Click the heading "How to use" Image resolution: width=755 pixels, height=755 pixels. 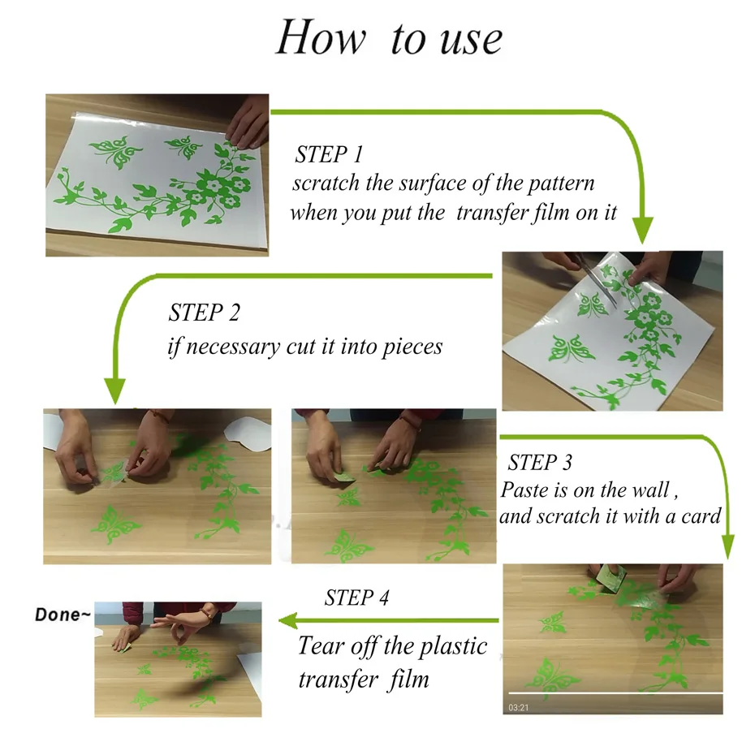(x=389, y=37)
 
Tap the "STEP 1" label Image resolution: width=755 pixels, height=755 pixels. (x=329, y=154)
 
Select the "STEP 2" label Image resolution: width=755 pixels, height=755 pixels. (x=204, y=313)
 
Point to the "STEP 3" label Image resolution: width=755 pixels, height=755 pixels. (x=540, y=462)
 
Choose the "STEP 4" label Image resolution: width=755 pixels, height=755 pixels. (x=356, y=598)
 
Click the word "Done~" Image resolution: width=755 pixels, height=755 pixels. (x=63, y=615)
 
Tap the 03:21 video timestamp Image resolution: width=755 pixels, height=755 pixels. (x=519, y=707)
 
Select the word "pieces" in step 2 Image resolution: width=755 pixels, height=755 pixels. (x=412, y=347)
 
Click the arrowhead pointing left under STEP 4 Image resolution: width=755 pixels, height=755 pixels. (x=289, y=620)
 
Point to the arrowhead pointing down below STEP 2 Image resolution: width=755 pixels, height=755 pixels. (x=114, y=390)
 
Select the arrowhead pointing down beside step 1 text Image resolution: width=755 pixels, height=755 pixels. (x=642, y=231)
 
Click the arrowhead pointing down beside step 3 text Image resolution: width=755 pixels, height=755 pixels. (x=728, y=546)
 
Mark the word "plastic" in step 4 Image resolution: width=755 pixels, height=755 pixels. (x=453, y=647)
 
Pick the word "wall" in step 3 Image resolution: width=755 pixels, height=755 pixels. (x=651, y=490)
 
